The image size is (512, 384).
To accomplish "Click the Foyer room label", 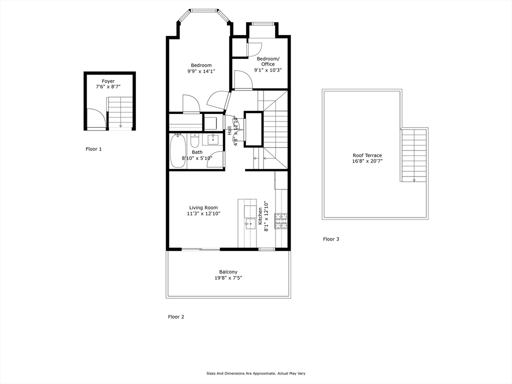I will (108, 81).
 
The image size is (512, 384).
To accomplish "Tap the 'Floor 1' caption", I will (93, 149).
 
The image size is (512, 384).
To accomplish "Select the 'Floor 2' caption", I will (176, 316).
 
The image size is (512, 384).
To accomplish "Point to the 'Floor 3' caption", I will (331, 239).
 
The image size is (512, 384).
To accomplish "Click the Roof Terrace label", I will (367, 155).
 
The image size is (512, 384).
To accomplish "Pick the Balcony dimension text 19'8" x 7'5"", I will (228, 278).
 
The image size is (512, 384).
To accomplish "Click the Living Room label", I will (203, 207).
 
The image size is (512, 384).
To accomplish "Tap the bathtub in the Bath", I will (177, 150).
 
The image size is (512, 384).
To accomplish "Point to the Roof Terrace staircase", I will (413, 155).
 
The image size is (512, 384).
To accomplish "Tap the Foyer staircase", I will (120, 112).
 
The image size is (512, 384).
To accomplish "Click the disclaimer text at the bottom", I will (255, 373).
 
